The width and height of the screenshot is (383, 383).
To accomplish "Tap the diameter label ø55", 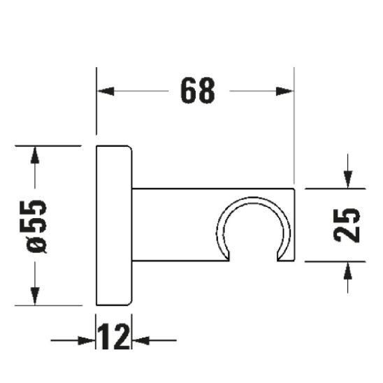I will pyautogui.click(x=36, y=226).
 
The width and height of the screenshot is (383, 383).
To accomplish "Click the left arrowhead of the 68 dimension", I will pyautogui.click(x=105, y=91).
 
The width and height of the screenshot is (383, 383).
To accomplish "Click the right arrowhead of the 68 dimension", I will pyautogui.click(x=285, y=91).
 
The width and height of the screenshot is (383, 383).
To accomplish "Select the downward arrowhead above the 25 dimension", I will pyautogui.click(x=347, y=179).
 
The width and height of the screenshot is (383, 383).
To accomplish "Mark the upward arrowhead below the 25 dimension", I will pyautogui.click(x=347, y=270).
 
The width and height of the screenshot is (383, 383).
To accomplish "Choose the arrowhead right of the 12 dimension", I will pyautogui.click(x=139, y=341).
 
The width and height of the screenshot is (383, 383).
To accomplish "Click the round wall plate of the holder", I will pyautogui.click(x=113, y=226).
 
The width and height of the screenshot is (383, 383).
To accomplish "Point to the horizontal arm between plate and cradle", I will pyautogui.click(x=175, y=224).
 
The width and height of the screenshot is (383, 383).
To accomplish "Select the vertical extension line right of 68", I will pyautogui.click(x=294, y=126).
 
